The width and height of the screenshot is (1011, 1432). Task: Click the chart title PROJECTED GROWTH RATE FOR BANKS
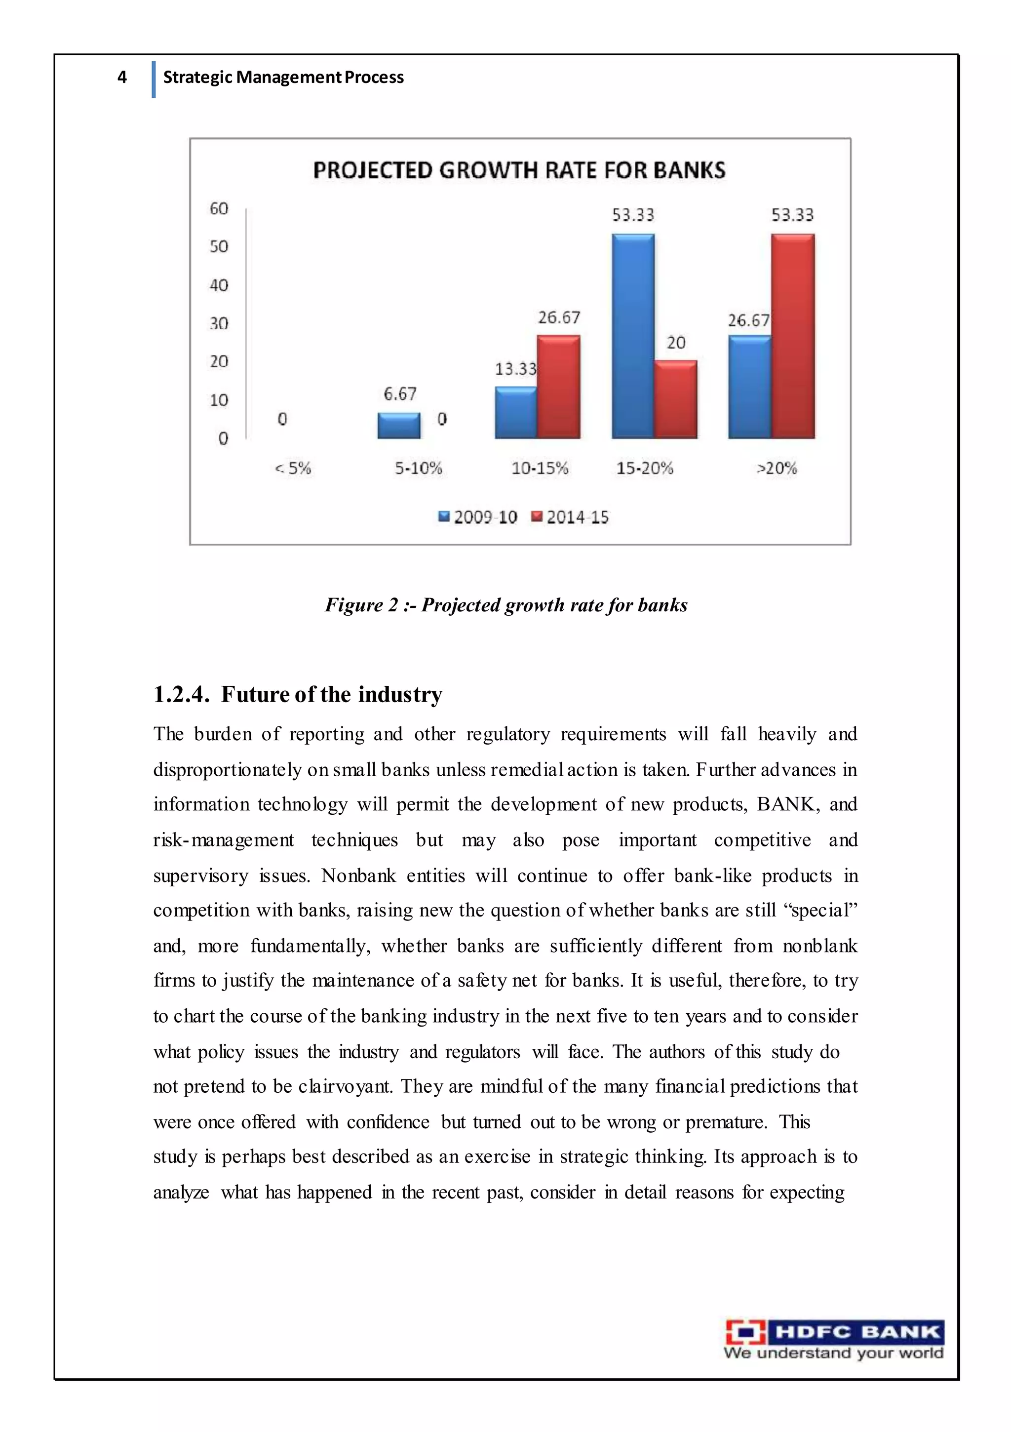519,170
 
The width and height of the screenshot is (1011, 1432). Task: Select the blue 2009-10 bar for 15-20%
632,337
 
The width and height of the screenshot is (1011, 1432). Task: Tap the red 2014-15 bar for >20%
792,337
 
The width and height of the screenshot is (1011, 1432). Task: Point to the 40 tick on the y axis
219,285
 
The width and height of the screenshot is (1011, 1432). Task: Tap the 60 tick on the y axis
219,208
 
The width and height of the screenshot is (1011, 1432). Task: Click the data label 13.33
515,369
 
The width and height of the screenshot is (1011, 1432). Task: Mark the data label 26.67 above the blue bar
748,320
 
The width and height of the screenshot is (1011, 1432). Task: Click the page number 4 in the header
122,78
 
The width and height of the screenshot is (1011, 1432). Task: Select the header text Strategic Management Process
283,78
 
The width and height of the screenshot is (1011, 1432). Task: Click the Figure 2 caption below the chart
506,605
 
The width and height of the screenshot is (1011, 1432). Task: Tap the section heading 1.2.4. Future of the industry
298,694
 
